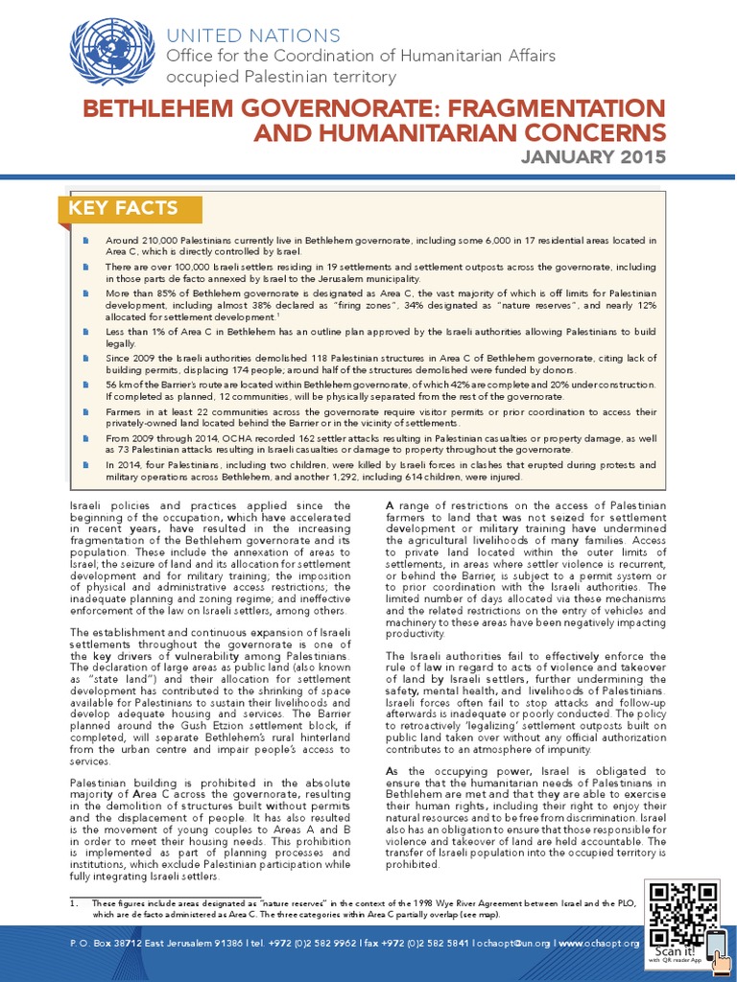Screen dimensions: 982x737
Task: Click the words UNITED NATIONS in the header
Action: click(253, 36)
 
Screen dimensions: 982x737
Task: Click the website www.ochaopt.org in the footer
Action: click(598, 943)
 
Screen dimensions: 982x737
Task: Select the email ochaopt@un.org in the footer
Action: click(512, 943)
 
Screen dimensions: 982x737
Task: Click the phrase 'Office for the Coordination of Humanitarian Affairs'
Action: click(361, 57)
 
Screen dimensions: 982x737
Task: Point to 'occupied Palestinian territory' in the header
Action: click(281, 77)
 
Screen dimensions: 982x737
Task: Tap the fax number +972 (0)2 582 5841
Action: click(423, 943)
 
